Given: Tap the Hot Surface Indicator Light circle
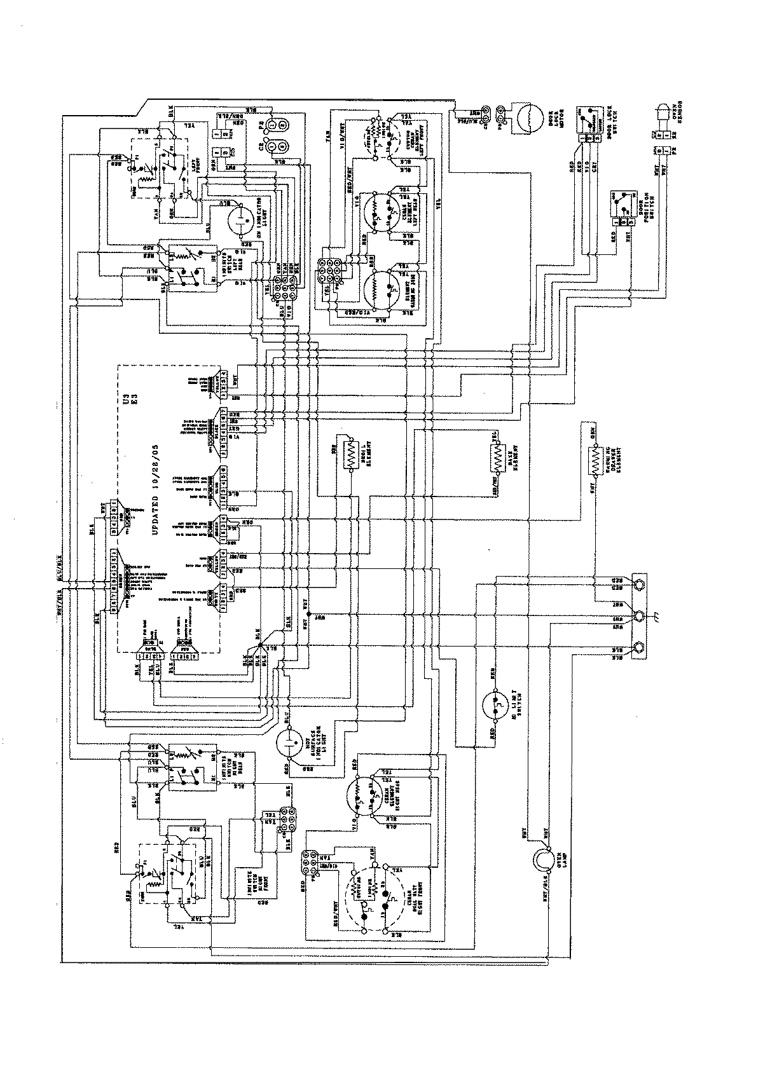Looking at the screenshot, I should pos(290,742).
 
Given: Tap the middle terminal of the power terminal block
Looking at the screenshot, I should pos(638,616).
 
